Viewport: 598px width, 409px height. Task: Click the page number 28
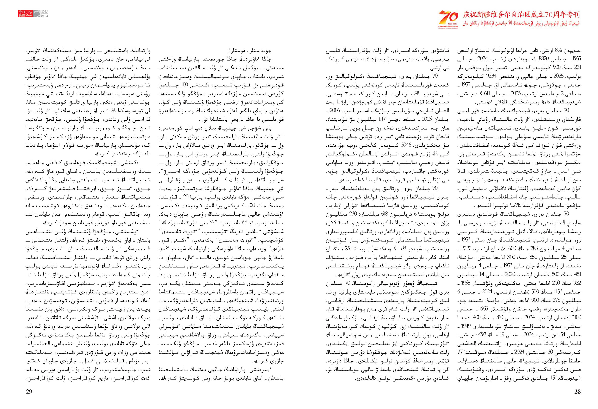coord(577,392)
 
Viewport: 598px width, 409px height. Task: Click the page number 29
coord(29,392)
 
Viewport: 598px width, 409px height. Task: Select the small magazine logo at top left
coord(33,14)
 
